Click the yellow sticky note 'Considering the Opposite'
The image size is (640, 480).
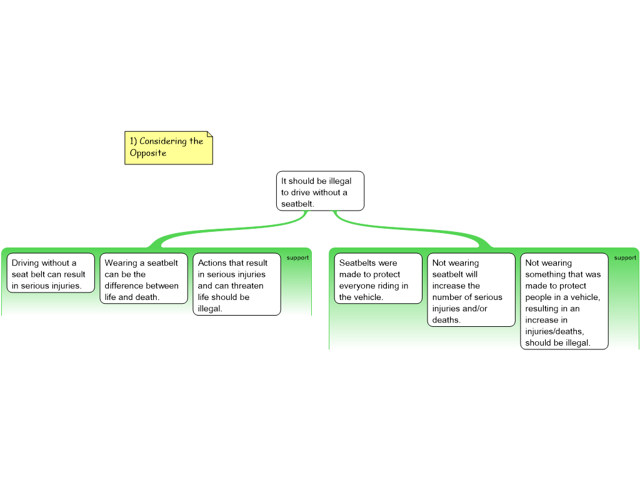tap(168, 147)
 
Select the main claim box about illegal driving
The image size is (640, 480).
tap(320, 191)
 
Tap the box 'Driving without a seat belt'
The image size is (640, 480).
tap(50, 272)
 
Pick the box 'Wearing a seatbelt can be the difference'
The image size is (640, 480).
tap(143, 278)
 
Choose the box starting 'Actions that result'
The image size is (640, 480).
tap(236, 284)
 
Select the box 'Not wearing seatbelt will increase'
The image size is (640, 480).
tap(471, 289)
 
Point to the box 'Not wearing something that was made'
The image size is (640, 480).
tap(564, 301)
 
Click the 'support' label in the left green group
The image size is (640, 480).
tap(297, 257)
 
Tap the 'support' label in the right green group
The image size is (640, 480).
tap(625, 257)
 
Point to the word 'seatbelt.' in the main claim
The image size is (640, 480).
tap(297, 204)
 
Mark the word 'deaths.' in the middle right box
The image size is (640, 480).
tap(447, 320)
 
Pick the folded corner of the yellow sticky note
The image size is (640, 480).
tap(209, 135)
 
